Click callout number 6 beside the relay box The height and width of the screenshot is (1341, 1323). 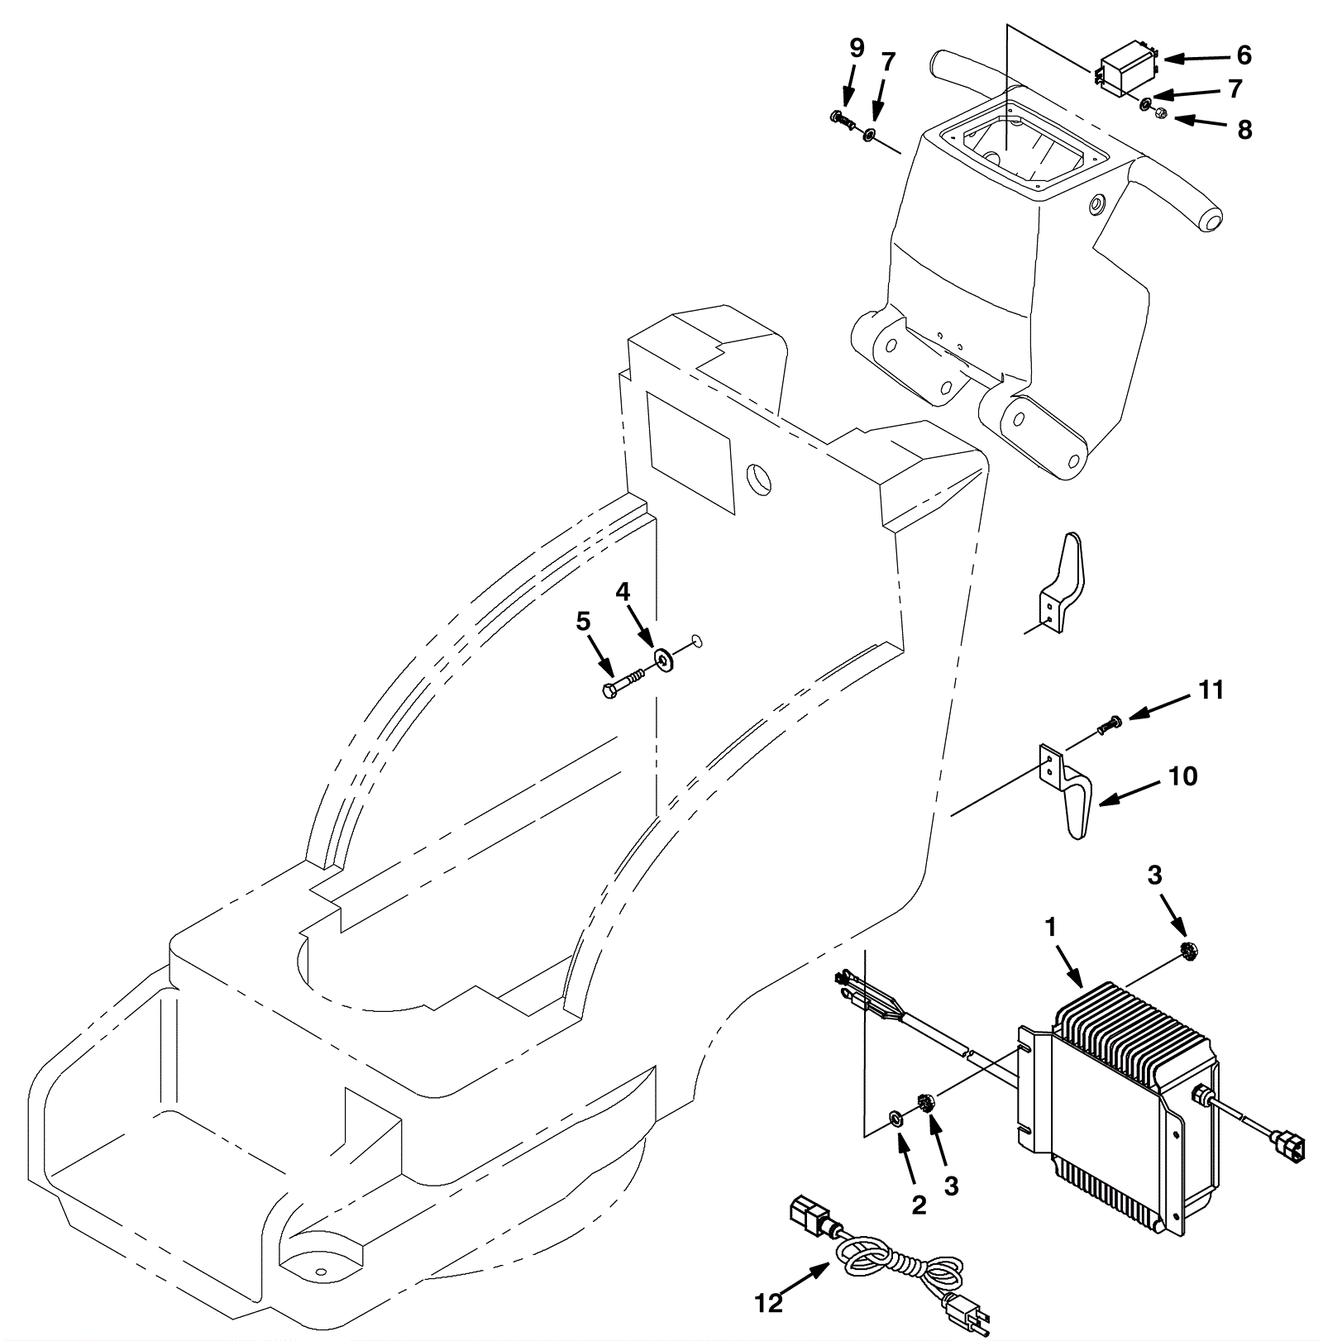click(1244, 55)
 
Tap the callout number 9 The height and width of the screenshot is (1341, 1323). click(857, 49)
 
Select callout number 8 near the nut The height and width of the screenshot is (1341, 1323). click(1244, 130)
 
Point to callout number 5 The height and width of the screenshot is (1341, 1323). click(584, 621)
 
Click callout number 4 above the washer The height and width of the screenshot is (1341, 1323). click(623, 591)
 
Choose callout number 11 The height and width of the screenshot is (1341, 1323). click(1211, 690)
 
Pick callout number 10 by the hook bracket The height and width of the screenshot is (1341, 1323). click(1183, 776)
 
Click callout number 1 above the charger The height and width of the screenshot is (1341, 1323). click(1051, 928)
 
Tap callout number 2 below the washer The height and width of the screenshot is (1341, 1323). click(919, 1205)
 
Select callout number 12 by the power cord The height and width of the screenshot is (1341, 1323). click(768, 1304)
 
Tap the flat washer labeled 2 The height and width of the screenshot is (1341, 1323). click(896, 1119)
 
